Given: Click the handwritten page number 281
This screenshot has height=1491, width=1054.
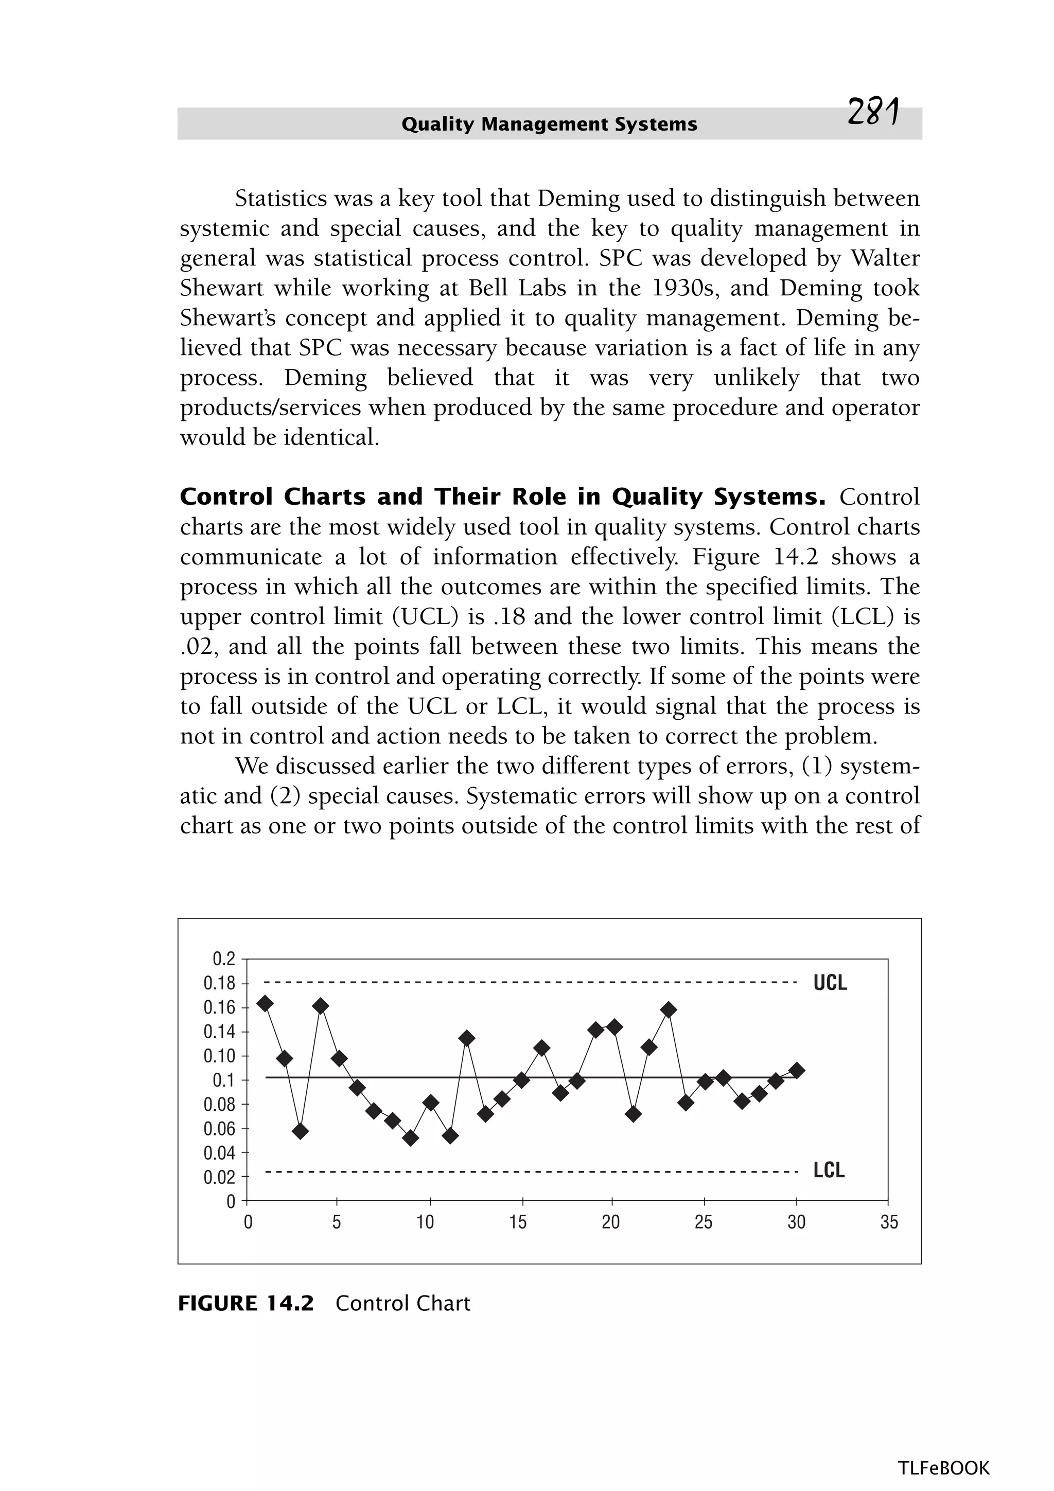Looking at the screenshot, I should coord(873,113).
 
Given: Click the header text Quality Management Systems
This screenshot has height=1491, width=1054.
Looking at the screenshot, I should coord(550,124).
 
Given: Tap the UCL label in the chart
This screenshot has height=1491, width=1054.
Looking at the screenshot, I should coord(830,983).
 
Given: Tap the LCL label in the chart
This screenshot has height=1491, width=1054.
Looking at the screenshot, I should coord(829,1170).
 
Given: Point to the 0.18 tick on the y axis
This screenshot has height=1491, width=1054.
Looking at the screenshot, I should coord(220,983).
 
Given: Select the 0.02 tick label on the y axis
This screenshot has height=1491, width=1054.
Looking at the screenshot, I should coord(220,1177).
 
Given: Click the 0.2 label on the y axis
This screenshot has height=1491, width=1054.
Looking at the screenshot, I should coord(224,958).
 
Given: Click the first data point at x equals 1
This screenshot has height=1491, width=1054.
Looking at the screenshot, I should coord(265,1003).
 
